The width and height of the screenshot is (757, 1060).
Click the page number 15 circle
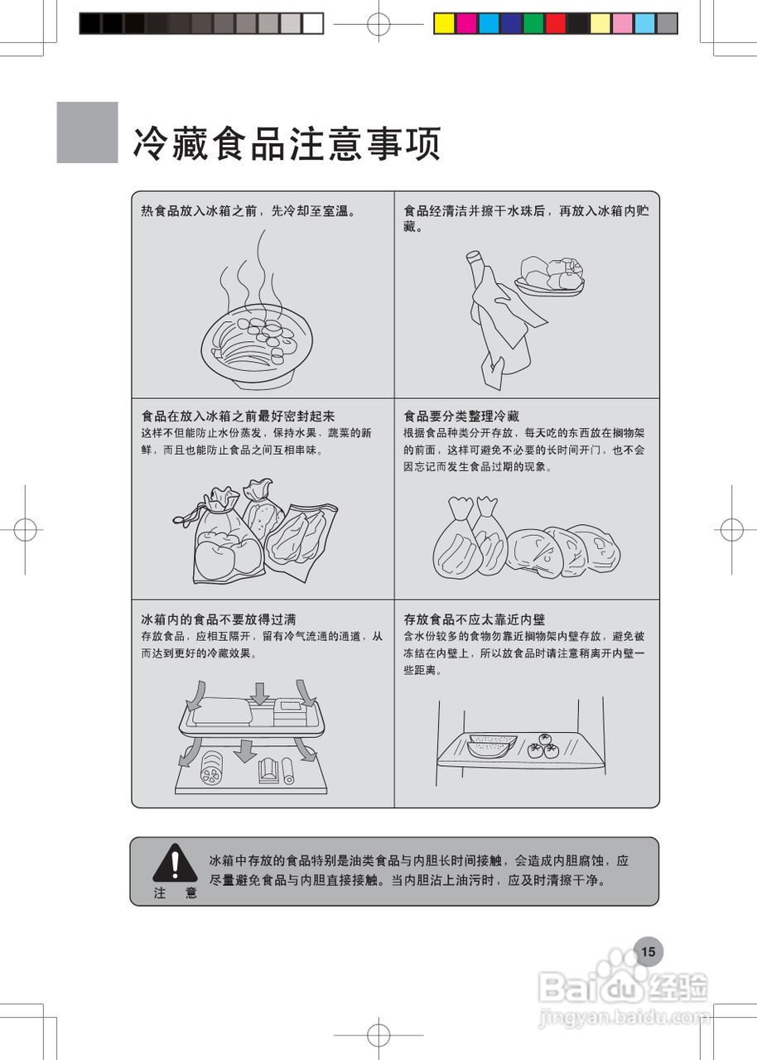648,952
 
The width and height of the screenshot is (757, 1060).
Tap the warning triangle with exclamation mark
174,864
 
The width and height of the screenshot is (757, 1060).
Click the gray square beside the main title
88,132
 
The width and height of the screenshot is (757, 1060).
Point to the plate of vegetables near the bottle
550,275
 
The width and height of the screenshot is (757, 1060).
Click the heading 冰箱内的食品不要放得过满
219,619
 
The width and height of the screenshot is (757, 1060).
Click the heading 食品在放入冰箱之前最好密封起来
238,416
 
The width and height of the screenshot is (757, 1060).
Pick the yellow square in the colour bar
445,24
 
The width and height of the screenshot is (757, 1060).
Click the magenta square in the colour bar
466,24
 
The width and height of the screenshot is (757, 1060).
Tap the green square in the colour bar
533,24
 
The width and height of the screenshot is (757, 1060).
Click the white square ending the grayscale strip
312,24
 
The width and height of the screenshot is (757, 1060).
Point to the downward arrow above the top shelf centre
260,693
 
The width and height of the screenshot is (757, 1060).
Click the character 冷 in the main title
151,145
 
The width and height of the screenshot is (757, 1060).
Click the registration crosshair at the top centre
378,24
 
